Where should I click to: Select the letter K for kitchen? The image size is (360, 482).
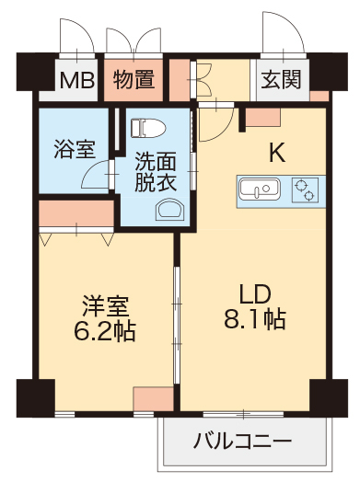click(x=275, y=153)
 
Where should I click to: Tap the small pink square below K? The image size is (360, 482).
click(x=263, y=117)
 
